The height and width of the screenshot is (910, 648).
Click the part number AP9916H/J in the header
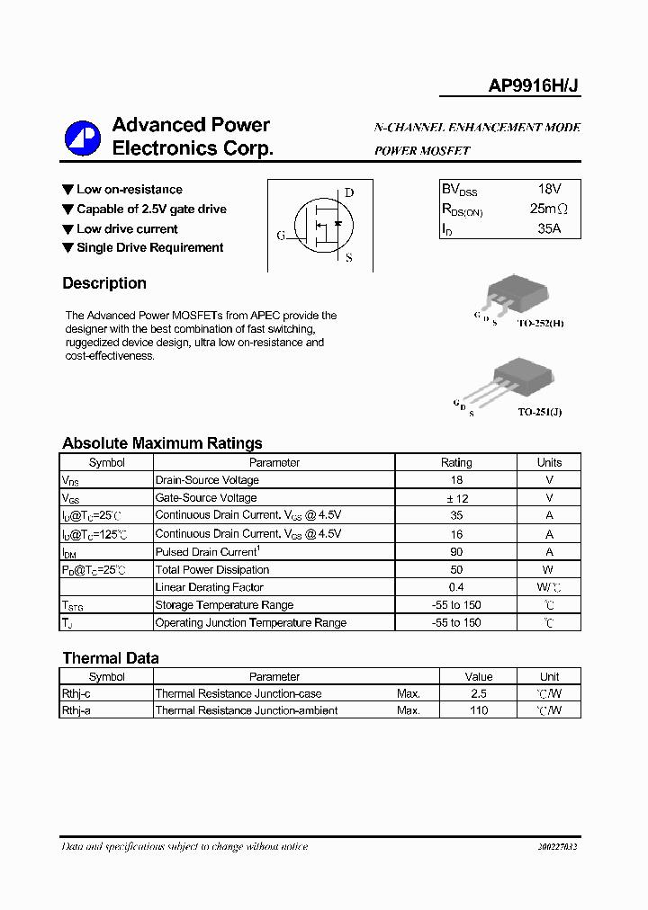click(x=534, y=86)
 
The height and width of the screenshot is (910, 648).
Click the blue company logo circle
click(x=83, y=138)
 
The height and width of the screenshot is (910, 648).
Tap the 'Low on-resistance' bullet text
click(x=129, y=190)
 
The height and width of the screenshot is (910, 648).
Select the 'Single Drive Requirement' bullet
click(x=149, y=248)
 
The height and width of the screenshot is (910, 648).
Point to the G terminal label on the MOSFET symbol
click(x=281, y=236)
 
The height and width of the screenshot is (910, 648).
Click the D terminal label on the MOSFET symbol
click(x=349, y=192)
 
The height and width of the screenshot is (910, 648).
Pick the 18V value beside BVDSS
click(x=549, y=190)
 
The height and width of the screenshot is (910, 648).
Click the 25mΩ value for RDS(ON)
click(x=549, y=210)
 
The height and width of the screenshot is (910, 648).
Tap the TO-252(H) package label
click(x=541, y=322)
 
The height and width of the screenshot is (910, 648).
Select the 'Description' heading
click(x=104, y=283)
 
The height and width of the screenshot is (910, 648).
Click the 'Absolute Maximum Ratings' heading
click(x=162, y=443)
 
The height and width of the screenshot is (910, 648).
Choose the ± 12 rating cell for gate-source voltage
click(x=456, y=498)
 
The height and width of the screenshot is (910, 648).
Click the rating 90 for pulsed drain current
click(x=456, y=552)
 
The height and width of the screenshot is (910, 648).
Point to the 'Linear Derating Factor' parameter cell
click(x=210, y=587)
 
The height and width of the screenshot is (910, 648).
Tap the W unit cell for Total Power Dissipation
click(x=549, y=570)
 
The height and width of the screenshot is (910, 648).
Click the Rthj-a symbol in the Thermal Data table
click(x=81, y=710)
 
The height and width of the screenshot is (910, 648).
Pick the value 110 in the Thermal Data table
click(x=479, y=710)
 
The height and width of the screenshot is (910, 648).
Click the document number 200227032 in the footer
click(x=557, y=847)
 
